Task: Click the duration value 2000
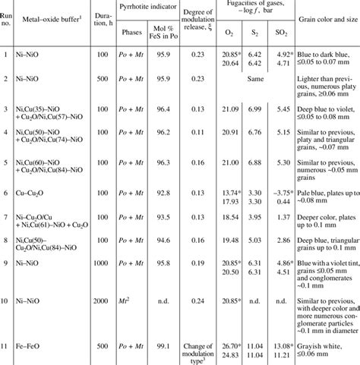click(100, 300)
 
